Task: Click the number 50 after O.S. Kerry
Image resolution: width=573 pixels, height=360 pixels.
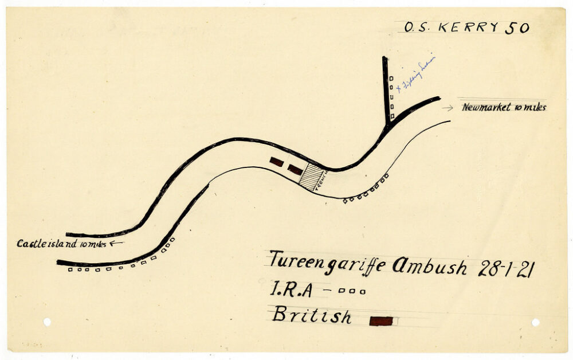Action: pyautogui.click(x=517, y=28)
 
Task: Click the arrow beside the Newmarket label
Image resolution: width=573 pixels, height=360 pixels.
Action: pyautogui.click(x=448, y=107)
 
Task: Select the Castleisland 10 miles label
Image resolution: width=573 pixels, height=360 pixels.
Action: pyautogui.click(x=61, y=244)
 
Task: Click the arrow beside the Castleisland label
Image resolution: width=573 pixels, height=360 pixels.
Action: pyautogui.click(x=116, y=243)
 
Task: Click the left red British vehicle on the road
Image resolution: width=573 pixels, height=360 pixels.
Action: pyautogui.click(x=277, y=162)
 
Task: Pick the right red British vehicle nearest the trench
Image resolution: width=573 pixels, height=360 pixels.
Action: pyautogui.click(x=295, y=169)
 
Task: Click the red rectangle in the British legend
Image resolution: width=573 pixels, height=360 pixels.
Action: pyautogui.click(x=381, y=321)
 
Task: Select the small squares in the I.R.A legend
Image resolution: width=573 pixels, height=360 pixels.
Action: pyautogui.click(x=351, y=291)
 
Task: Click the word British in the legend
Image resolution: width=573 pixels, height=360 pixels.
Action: pyautogui.click(x=312, y=315)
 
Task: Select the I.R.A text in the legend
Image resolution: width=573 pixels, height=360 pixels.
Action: pyautogui.click(x=291, y=289)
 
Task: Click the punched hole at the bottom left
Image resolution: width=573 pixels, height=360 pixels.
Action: pyautogui.click(x=47, y=322)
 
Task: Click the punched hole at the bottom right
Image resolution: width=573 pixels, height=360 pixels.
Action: pyautogui.click(x=535, y=322)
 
